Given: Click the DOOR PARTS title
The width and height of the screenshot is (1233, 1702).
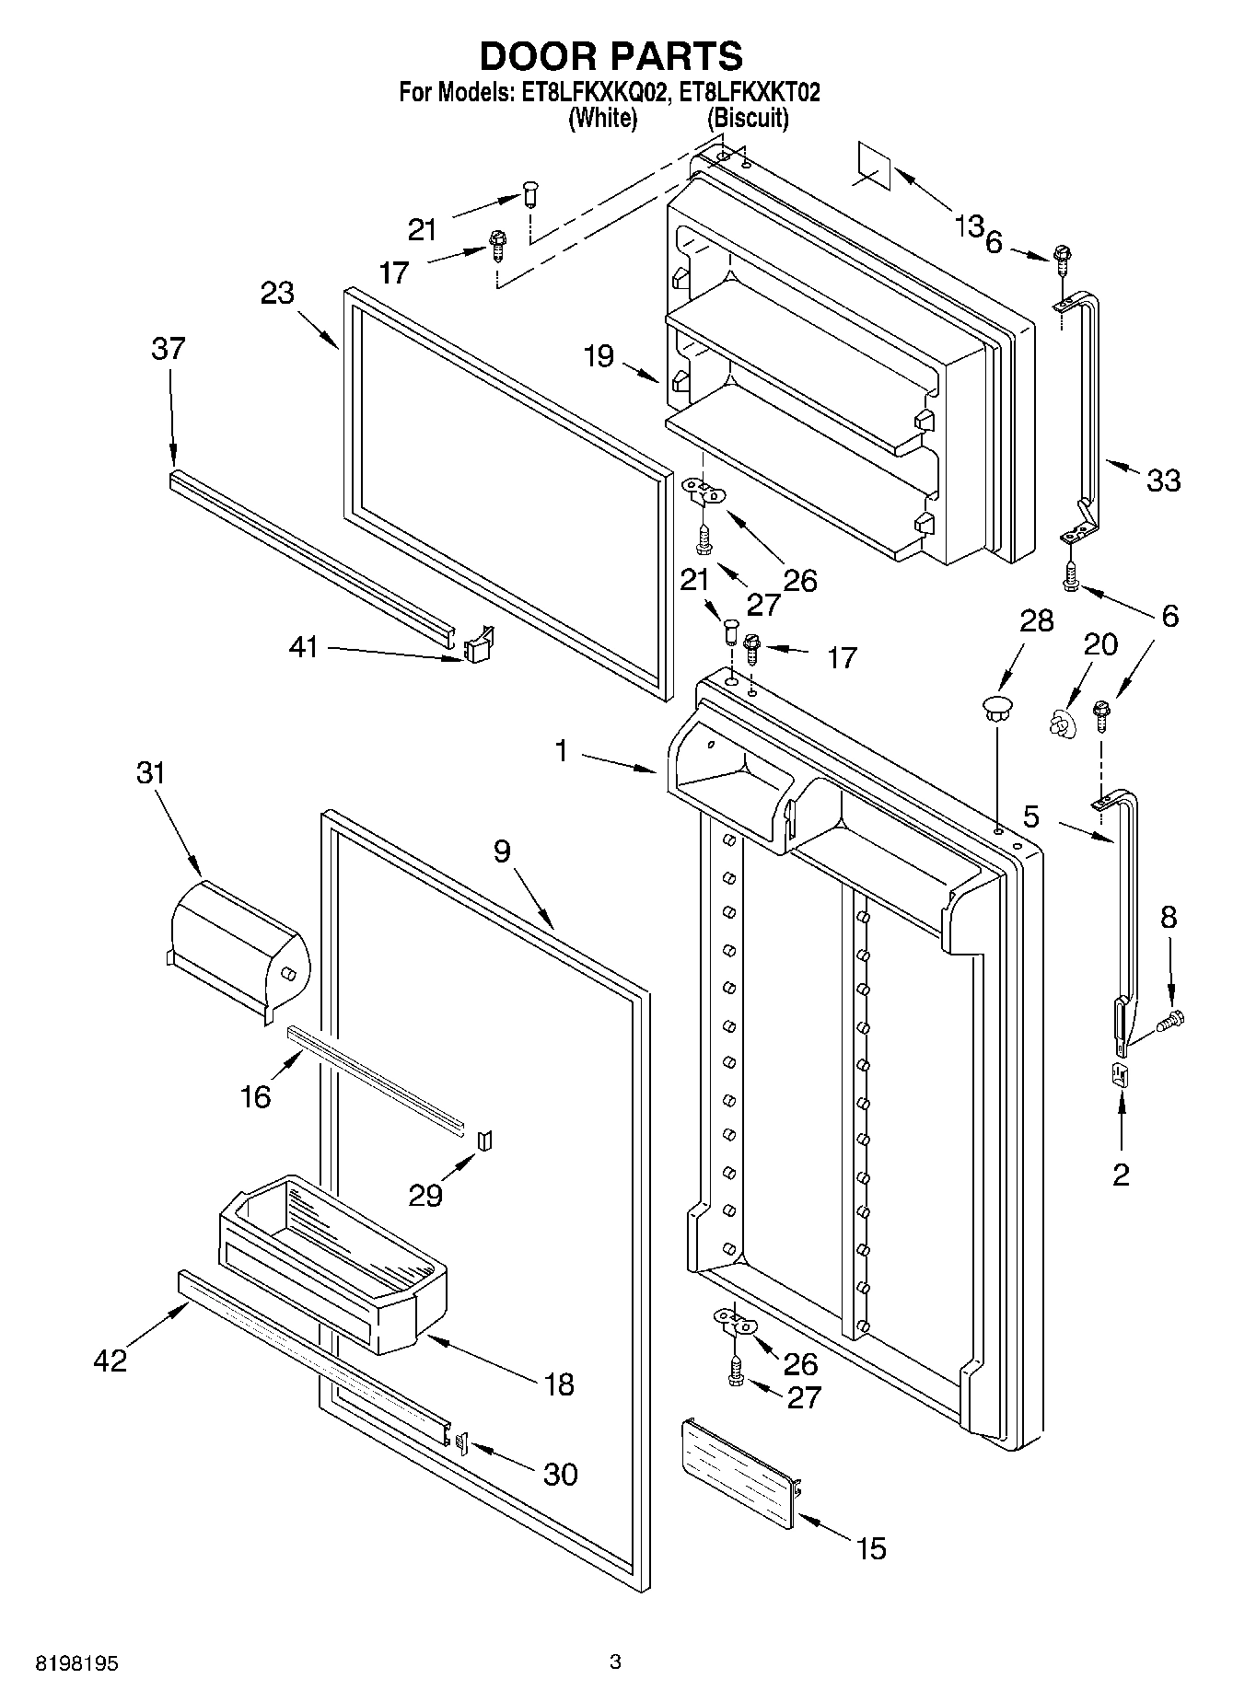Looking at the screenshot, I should [611, 56].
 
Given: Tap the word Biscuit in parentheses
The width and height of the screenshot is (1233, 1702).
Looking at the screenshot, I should [747, 118].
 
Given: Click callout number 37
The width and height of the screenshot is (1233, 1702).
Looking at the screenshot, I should [168, 349].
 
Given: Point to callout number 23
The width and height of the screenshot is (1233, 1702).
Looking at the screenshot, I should [276, 293].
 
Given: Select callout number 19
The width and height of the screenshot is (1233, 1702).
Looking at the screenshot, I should [599, 355].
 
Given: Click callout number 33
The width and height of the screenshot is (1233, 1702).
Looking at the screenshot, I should [1163, 480].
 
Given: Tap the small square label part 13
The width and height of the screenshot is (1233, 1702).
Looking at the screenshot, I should [874, 166].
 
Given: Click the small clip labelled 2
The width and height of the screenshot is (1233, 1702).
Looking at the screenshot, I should [1121, 1074].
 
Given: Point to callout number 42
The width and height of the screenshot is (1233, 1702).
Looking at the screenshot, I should [110, 1360].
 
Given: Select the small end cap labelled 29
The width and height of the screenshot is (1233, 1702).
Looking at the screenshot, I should [485, 1141].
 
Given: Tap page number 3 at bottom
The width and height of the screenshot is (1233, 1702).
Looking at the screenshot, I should [615, 1661].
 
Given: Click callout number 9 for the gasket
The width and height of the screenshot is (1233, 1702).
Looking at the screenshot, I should [501, 851].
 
